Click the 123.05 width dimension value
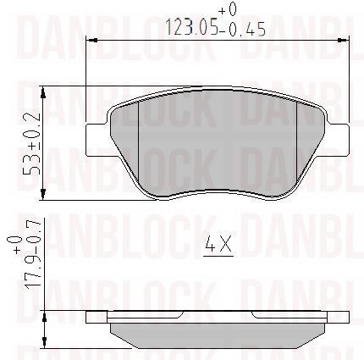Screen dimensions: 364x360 point(192,27)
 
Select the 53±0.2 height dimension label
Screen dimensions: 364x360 point(31,144)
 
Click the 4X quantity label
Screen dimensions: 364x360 point(218,244)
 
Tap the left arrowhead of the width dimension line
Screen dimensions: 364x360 point(91,41)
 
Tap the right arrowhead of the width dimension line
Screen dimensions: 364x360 point(344,41)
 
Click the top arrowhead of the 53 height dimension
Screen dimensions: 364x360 point(43,92)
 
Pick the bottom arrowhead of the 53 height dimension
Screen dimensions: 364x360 point(43,195)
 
